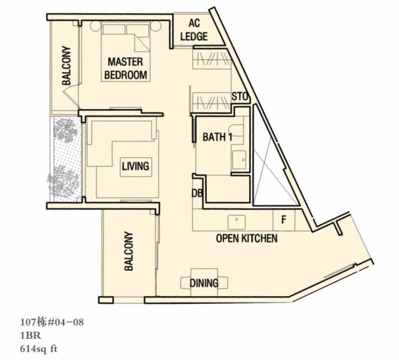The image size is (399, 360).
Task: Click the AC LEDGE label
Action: pos(194,30)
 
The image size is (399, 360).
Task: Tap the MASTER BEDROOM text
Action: pos(126,68)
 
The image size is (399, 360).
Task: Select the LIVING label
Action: pos(135,166)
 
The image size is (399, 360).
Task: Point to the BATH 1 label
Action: pos(217,137)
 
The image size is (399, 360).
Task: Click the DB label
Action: pos(197,193)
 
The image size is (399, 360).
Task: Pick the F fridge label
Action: pos(284,219)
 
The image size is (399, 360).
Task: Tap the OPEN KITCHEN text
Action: pos(246,238)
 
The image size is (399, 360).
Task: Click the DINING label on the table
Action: pos(204,283)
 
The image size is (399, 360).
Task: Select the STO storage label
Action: pos(239,97)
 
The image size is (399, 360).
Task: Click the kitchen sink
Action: pos(236,222)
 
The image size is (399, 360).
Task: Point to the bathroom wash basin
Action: pos(239,160)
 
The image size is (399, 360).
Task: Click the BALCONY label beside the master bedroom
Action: pos(66,65)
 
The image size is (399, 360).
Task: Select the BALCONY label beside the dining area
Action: pos(129,251)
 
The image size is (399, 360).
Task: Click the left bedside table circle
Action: pos(95,26)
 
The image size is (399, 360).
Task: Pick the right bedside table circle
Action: pos(156,26)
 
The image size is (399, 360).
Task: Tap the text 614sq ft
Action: pos(39,349)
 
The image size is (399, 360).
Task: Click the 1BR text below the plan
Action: pos(30,336)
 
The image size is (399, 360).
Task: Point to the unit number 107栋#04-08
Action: pos(52,323)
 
